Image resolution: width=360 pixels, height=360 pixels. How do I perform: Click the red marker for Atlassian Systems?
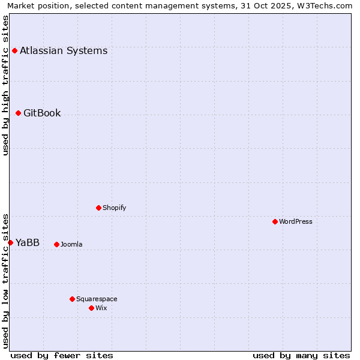pyautogui.click(x=14, y=50)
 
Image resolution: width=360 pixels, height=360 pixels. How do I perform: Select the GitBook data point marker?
pyautogui.click(x=18, y=113)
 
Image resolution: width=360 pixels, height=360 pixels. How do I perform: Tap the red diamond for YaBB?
pyautogui.click(x=10, y=242)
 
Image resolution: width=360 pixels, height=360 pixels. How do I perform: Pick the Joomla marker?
pyautogui.click(x=56, y=244)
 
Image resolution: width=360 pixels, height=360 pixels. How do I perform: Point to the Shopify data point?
pyautogui.click(x=98, y=208)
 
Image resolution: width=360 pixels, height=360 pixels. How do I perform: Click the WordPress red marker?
pyautogui.click(x=275, y=221)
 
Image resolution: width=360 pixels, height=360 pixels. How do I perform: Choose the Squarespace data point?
pyautogui.click(x=72, y=299)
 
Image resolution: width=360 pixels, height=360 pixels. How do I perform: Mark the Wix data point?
pyautogui.click(x=91, y=308)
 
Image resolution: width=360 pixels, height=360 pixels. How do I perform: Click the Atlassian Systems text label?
pyautogui.click(x=64, y=50)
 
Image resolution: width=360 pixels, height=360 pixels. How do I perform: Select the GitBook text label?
pyautogui.click(x=42, y=113)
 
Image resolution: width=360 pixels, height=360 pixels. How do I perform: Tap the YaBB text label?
pyautogui.click(x=28, y=242)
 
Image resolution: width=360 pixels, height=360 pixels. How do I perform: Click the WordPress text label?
pyautogui.click(x=296, y=221)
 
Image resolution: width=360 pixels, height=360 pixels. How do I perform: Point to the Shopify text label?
pyautogui.click(x=115, y=208)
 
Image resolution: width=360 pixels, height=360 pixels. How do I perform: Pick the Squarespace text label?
pyautogui.click(x=97, y=299)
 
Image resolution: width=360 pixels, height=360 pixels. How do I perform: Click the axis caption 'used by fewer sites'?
pyautogui.click(x=62, y=355)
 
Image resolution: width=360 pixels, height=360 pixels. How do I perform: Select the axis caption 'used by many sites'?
pyautogui.click(x=301, y=355)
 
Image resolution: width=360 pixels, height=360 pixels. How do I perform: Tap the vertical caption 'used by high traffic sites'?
pyautogui.click(x=5, y=85)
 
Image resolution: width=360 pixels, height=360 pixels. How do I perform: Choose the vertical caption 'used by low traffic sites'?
pyautogui.click(x=5, y=281)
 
